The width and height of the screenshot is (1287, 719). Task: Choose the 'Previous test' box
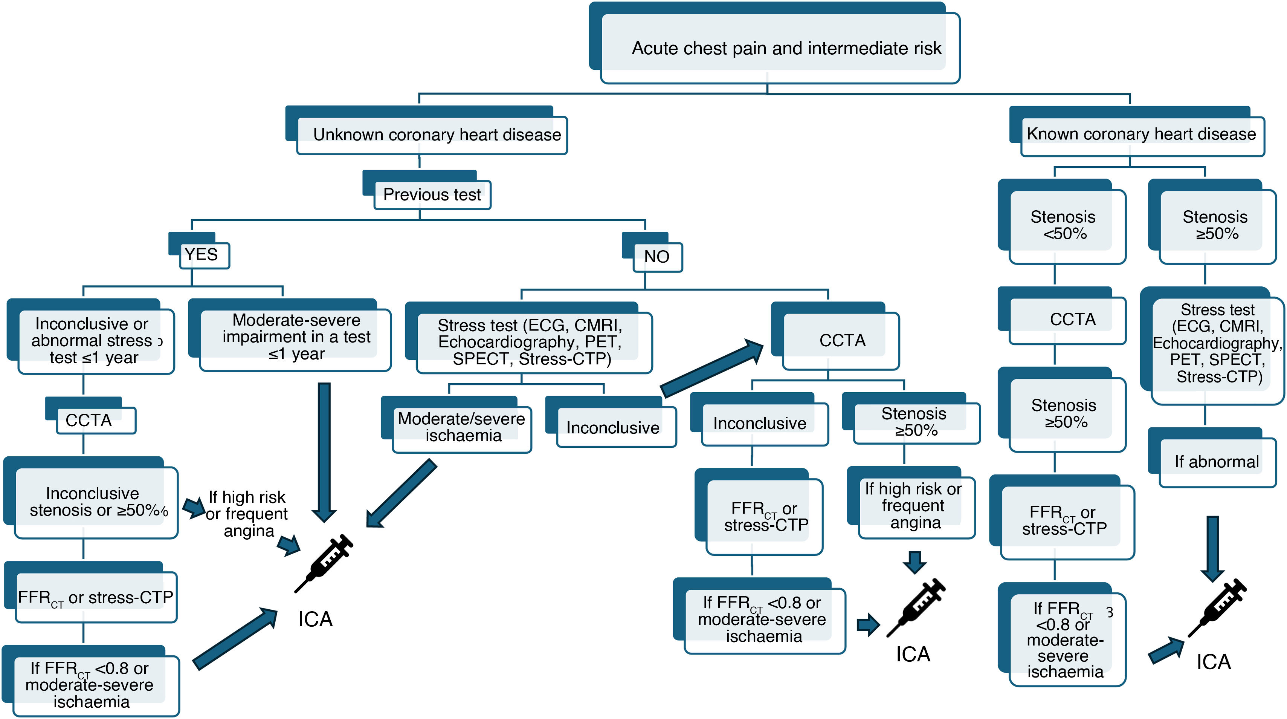tap(432, 194)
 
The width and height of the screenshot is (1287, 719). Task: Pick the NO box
tap(656, 257)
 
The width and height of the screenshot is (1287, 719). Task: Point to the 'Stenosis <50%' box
tap(1065, 225)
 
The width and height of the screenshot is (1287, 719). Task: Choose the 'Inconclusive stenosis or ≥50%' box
tap(95, 502)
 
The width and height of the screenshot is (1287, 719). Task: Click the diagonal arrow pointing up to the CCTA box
tap(712, 368)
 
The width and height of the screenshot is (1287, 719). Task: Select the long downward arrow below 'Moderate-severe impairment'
tap(324, 450)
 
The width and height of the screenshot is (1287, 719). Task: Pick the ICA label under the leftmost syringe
tap(315, 619)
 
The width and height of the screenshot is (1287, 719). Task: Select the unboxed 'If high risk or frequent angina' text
tap(248, 514)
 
